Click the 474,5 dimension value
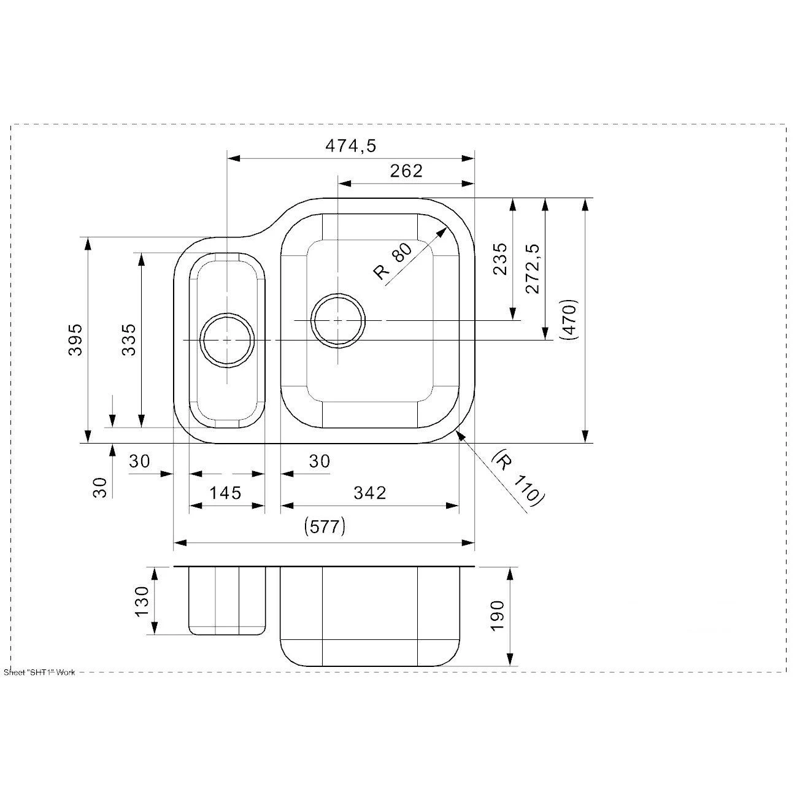(350, 146)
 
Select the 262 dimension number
(406, 171)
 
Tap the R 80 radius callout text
(393, 262)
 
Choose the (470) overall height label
(569, 320)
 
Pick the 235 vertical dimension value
(500, 258)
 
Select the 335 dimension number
(129, 339)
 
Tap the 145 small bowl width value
(225, 493)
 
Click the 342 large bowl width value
(369, 493)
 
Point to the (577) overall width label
(325, 526)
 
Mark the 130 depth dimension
(142, 601)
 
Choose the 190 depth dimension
(497, 615)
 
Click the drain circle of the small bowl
(227, 340)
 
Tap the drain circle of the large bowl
(338, 320)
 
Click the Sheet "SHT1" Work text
(39, 672)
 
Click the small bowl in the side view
(227, 600)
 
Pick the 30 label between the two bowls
(319, 461)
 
